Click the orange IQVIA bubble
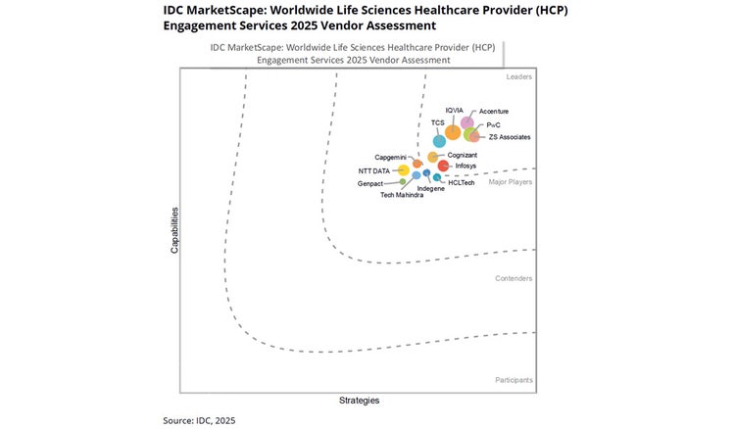pos(452,132)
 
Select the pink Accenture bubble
pos(467,122)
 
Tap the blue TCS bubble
pos(439,141)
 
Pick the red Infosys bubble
pos(443,166)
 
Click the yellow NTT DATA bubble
pos(403,170)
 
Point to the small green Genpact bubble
pos(403,182)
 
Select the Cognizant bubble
pos(432,157)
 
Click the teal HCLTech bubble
pos(437,177)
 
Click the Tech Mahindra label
pos(402,196)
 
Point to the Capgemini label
pos(391,157)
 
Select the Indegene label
pos(430,188)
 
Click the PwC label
pos(494,124)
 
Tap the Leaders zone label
pos(519,76)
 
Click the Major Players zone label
pos(511,182)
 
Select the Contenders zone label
pos(514,278)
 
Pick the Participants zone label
pos(514,379)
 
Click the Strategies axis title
pos(359,400)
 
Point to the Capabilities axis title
pos(174,230)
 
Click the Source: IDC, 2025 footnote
pos(199,420)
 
